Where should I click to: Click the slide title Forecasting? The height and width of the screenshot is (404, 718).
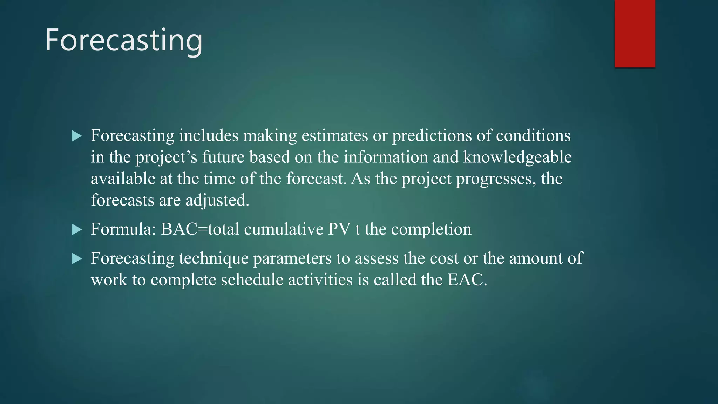click(x=124, y=40)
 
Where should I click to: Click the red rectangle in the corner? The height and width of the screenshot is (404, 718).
click(x=635, y=34)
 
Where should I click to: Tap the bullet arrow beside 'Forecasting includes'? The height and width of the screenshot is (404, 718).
click(x=76, y=136)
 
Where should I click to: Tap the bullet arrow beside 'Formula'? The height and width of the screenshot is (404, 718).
click(x=76, y=230)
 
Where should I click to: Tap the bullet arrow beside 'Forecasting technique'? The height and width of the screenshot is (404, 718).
click(x=76, y=259)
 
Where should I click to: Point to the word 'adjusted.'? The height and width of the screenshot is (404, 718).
click(x=217, y=201)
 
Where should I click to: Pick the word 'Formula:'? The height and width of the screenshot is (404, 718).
click(x=123, y=230)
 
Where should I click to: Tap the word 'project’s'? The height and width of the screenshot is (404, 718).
click(x=167, y=157)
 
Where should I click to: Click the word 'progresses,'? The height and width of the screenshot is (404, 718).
click(x=496, y=179)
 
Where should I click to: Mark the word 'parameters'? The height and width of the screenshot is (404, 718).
click(x=292, y=259)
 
